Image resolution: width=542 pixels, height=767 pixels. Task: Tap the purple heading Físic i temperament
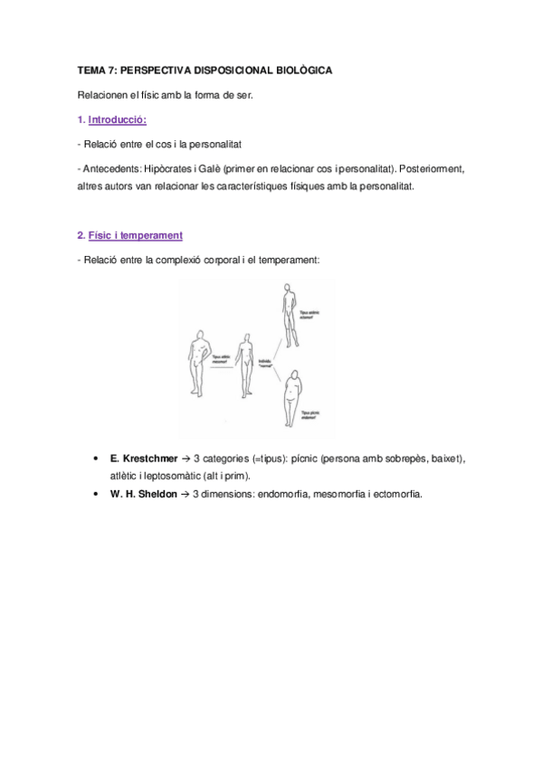(135, 235)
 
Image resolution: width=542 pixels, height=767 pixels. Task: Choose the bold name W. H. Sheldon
(143, 495)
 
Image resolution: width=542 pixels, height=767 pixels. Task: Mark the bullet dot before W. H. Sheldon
(97, 495)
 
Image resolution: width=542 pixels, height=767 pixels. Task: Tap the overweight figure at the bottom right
(291, 398)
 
